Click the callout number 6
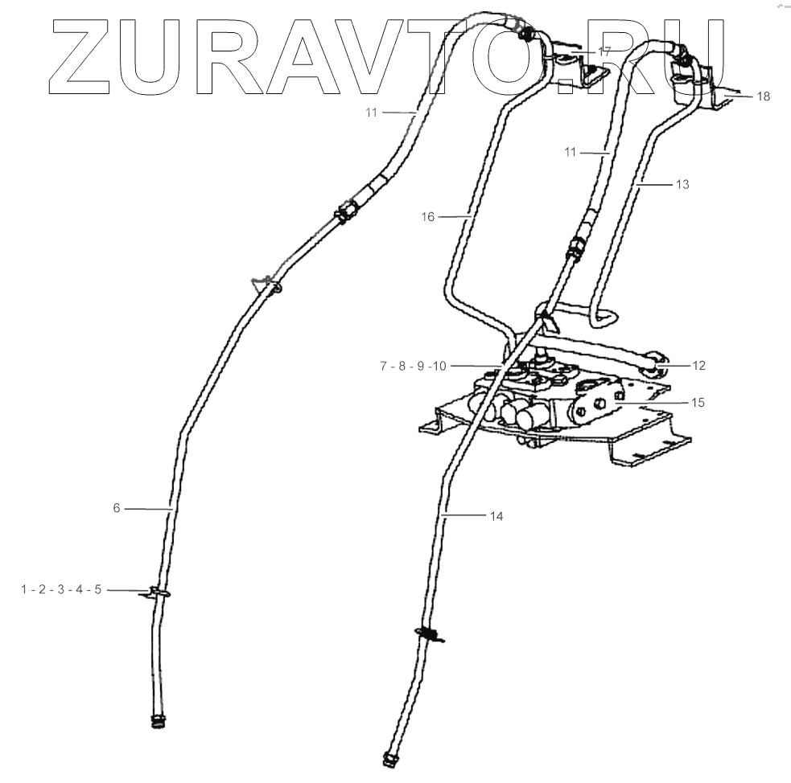point(116,508)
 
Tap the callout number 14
point(496,516)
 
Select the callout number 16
point(427,216)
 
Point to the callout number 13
point(682,184)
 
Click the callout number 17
point(604,51)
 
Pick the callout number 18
point(763,96)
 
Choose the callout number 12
point(698,366)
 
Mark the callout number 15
point(698,402)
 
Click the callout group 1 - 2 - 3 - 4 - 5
point(61,590)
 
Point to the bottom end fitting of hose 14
point(391,756)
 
